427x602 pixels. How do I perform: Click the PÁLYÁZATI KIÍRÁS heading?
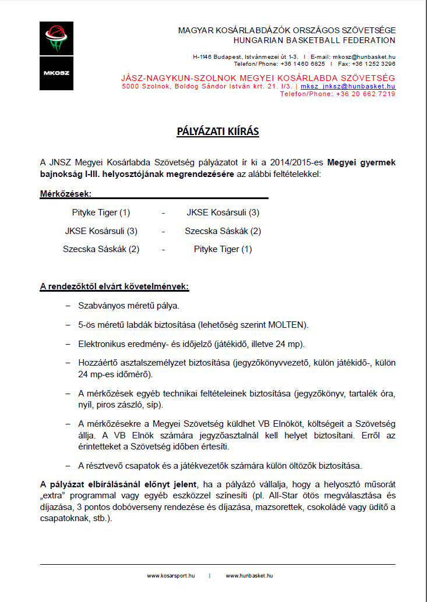[218, 132]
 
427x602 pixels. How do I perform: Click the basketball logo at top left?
[56, 38]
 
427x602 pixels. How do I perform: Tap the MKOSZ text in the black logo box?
[56, 73]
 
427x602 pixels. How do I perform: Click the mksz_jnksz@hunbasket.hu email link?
[348, 86]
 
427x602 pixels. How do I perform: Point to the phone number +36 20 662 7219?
[366, 94]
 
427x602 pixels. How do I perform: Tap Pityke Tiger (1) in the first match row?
[101, 213]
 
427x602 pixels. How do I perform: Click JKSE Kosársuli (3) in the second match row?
[101, 231]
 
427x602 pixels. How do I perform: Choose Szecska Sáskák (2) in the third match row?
[101, 249]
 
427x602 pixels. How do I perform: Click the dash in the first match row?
[163, 213]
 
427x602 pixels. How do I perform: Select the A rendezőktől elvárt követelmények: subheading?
[114, 286]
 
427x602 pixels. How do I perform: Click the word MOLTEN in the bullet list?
[289, 324]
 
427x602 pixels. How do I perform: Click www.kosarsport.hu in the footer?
[170, 576]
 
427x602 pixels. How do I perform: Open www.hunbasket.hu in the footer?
[249, 576]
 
